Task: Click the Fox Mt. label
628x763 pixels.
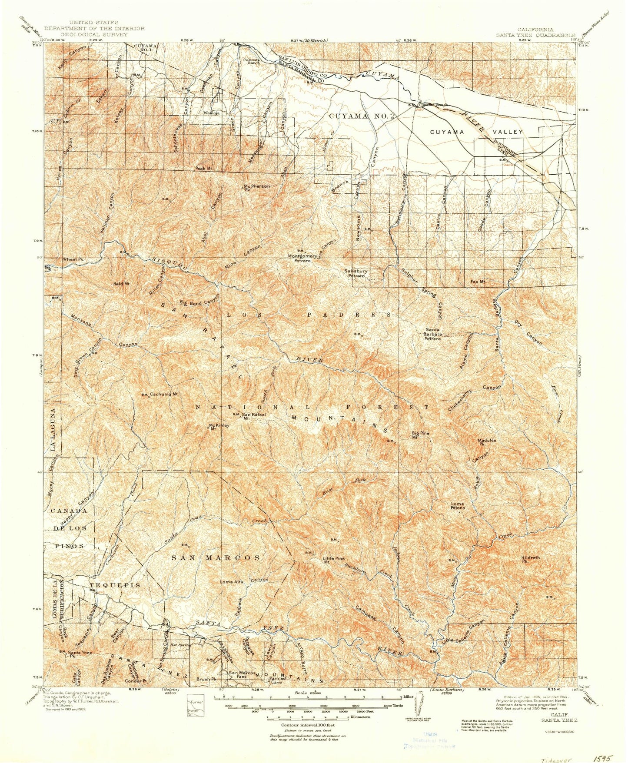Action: coord(477,282)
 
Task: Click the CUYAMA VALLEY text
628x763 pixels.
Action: coord(476,131)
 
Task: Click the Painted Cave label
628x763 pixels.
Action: coord(277,680)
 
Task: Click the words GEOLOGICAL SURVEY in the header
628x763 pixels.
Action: coord(94,34)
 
